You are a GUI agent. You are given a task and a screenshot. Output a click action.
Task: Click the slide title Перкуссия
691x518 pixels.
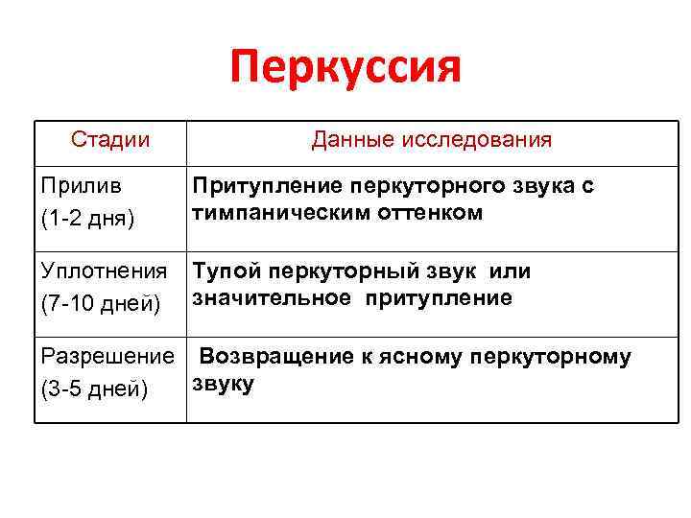click(x=345, y=69)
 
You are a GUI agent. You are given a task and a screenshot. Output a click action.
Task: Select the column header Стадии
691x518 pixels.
click(x=110, y=140)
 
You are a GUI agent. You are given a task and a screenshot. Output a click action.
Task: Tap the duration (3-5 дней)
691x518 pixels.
click(x=92, y=390)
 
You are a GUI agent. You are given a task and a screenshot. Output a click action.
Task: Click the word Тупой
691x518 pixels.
click(x=223, y=271)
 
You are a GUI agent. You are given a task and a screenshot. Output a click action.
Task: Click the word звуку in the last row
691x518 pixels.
click(x=222, y=384)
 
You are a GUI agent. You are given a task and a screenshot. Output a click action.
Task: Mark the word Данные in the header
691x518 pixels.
click(x=344, y=140)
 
